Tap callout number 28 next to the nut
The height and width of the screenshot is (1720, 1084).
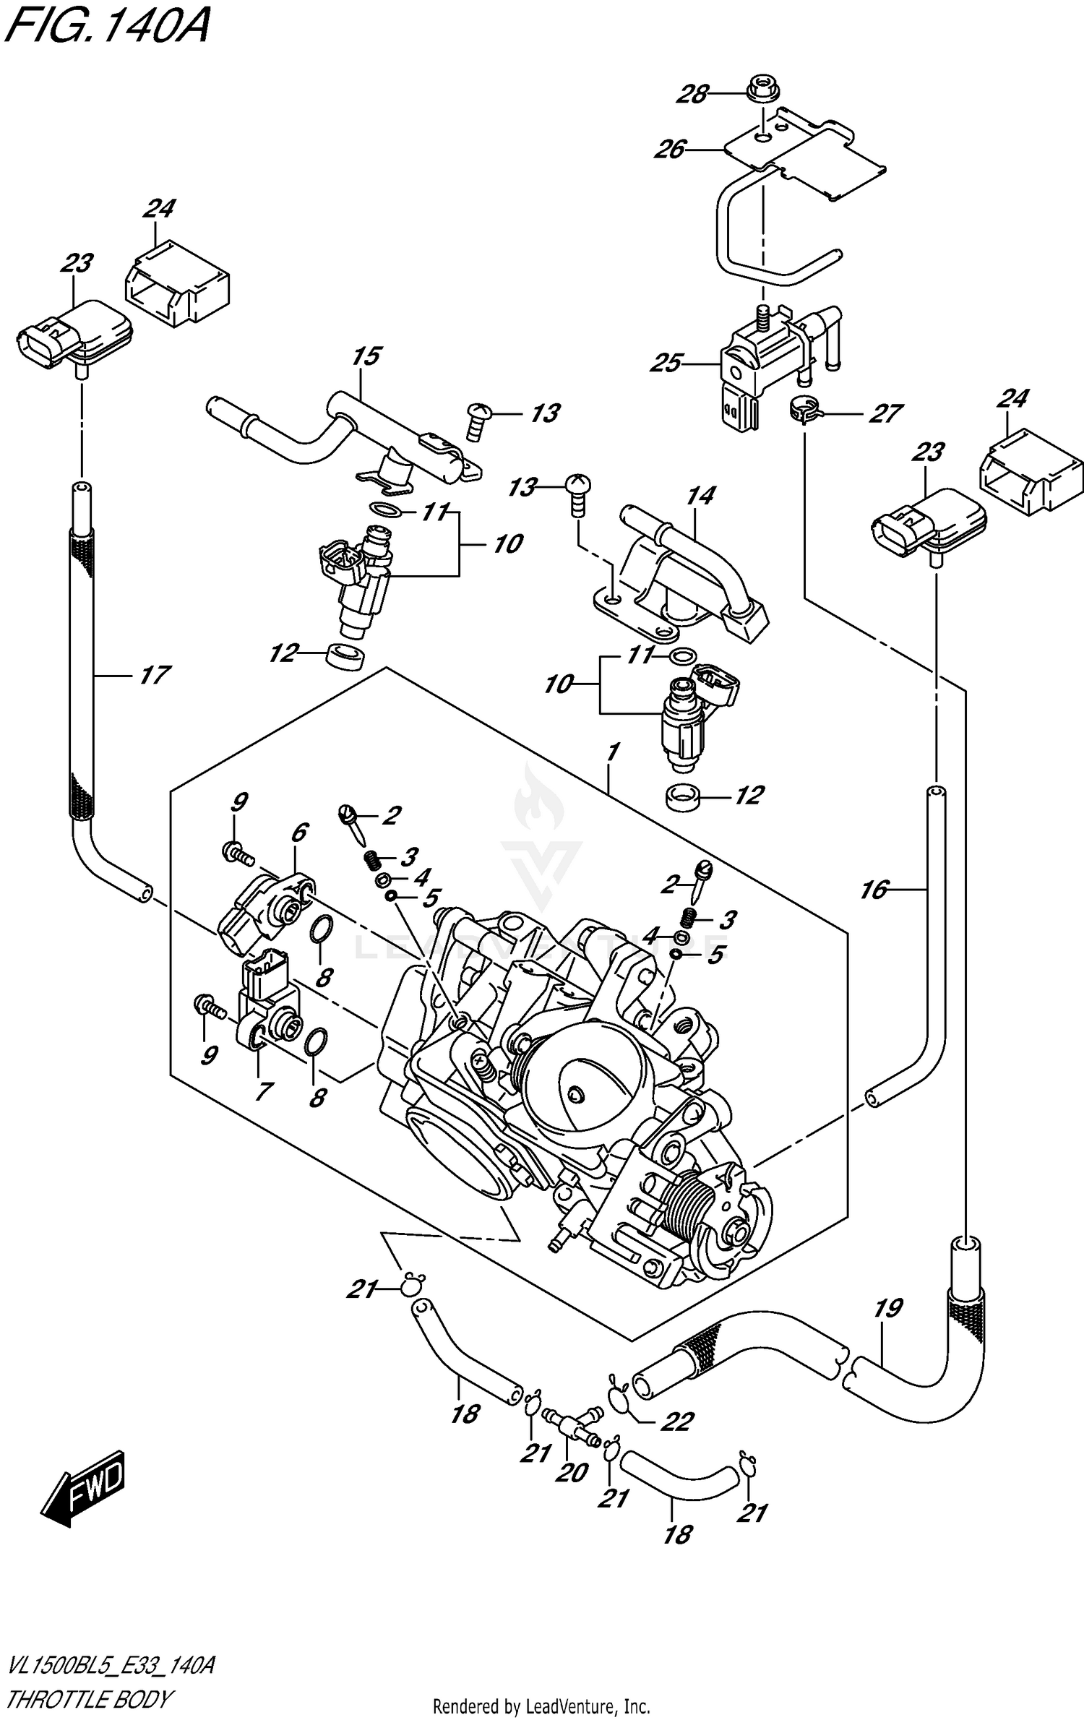tap(693, 93)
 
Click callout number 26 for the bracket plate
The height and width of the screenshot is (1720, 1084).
tap(670, 150)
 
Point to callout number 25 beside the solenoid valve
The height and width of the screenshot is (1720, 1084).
tap(666, 362)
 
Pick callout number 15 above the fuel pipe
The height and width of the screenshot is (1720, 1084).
tap(367, 356)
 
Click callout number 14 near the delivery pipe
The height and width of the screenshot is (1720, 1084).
tap(700, 496)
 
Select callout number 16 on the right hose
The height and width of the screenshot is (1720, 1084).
tap(874, 890)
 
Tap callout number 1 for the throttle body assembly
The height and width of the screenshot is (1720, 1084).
tap(612, 753)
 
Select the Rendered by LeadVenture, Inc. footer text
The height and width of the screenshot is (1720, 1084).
tap(541, 1707)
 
